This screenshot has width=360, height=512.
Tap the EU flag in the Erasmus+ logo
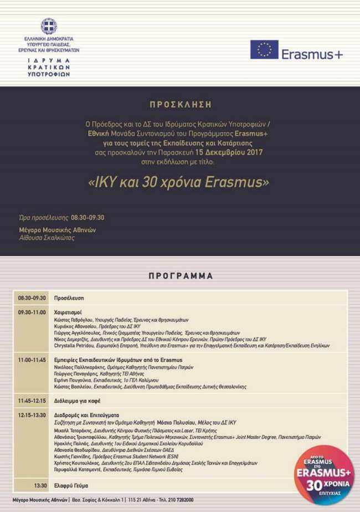click(264, 50)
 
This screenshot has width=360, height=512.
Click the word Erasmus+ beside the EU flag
click(312, 54)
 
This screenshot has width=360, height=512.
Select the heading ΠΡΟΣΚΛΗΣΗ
click(180, 104)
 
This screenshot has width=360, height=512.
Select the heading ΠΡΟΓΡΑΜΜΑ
click(181, 275)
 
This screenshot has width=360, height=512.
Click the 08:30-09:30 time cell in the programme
click(32, 298)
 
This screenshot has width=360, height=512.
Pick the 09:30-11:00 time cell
click(32, 312)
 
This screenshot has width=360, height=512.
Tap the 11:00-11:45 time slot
click(32, 360)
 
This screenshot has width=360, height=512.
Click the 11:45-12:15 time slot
click(32, 401)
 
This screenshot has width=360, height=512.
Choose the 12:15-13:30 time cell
click(32, 414)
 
